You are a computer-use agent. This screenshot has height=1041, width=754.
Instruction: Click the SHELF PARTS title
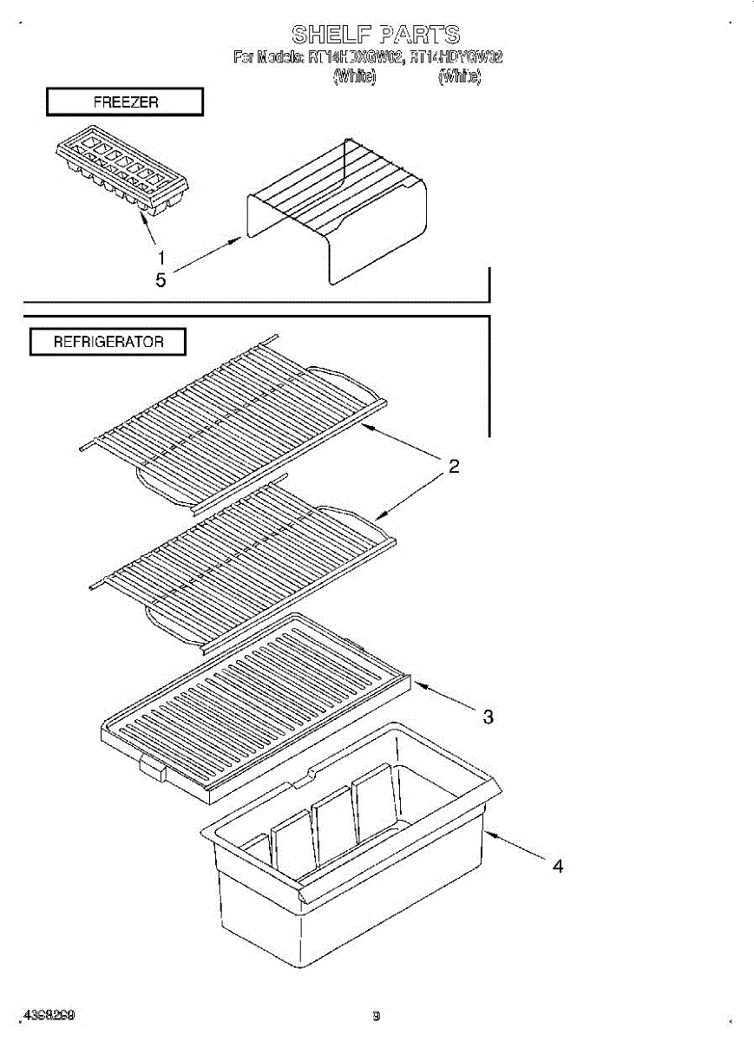tap(376, 35)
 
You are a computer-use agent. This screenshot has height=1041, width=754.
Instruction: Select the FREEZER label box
tap(125, 102)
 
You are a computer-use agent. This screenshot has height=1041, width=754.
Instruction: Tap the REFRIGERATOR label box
tap(108, 342)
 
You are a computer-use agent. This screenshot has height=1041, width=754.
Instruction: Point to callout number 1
tap(161, 257)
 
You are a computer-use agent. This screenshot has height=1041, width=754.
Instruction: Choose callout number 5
tap(161, 280)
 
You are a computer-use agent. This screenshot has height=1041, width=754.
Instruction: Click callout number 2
tap(453, 467)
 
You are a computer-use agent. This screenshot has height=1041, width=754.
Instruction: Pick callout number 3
tap(488, 717)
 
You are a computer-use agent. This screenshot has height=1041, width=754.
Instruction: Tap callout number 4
tap(558, 866)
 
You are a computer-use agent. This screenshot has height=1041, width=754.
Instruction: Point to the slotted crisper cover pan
tap(256, 703)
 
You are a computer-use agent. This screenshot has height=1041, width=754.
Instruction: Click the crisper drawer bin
tap(347, 876)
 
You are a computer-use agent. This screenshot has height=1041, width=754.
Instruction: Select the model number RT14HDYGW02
tap(456, 58)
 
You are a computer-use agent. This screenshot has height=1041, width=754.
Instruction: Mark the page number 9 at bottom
tap(376, 1016)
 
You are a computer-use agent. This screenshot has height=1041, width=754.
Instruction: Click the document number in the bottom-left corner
tap(49, 1015)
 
